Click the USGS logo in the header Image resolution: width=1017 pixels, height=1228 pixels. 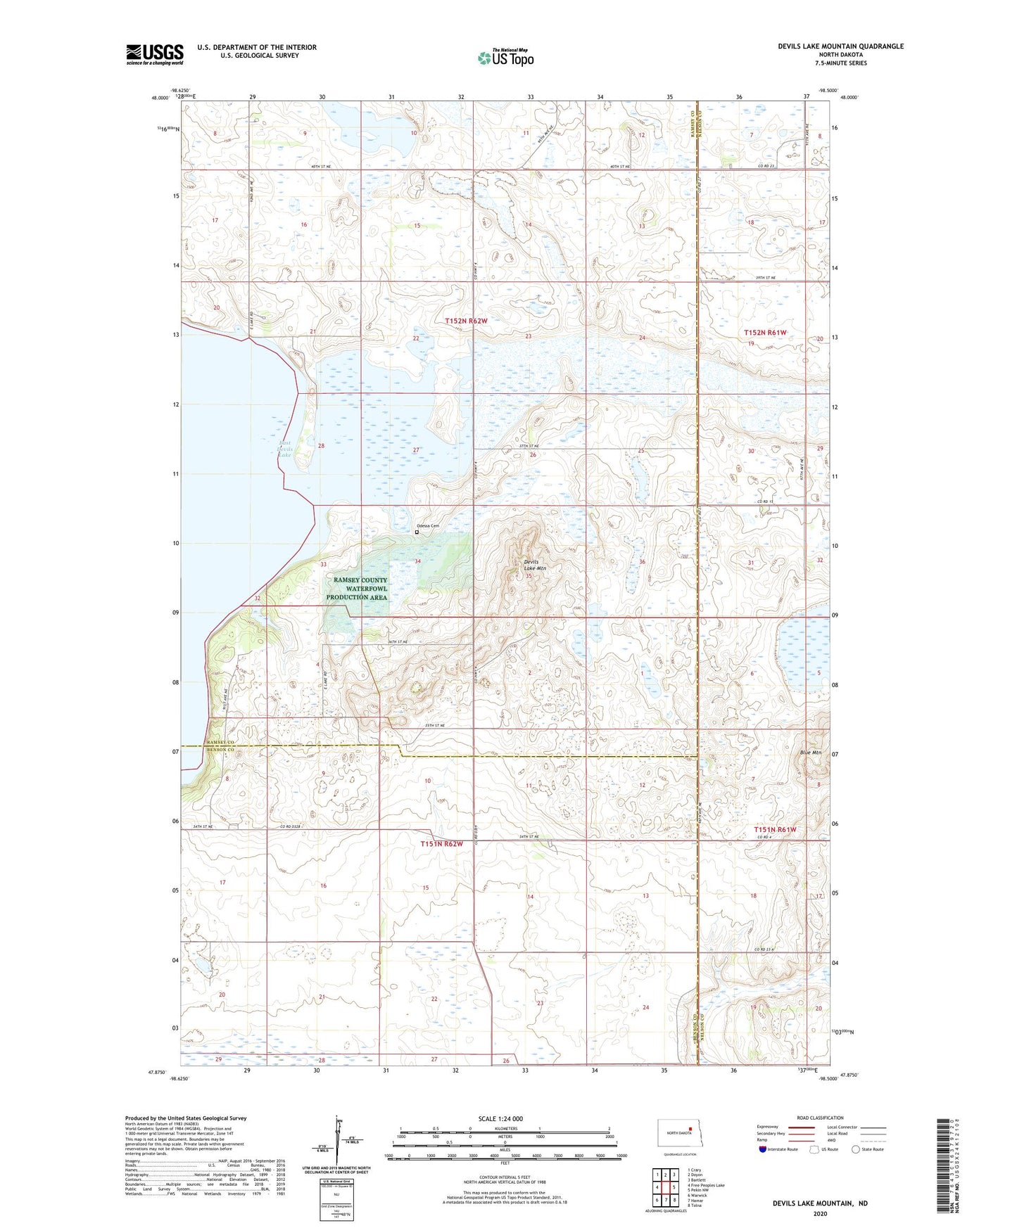click(155, 54)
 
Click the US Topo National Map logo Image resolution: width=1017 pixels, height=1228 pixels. click(505, 57)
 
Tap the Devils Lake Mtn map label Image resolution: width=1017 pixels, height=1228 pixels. click(534, 564)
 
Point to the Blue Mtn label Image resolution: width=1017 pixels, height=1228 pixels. click(810, 753)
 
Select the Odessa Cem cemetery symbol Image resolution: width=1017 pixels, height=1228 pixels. click(417, 532)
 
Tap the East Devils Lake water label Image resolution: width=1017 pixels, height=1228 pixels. click(284, 449)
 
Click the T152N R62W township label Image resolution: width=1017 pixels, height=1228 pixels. click(466, 321)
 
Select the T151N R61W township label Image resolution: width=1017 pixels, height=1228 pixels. click(775, 829)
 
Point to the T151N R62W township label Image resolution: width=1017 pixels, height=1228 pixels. click(442, 843)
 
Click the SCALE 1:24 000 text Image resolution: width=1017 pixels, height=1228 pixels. click(500, 1118)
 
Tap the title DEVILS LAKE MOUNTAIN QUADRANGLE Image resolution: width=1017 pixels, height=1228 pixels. click(840, 46)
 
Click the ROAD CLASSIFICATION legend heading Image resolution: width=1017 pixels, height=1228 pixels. click(820, 1118)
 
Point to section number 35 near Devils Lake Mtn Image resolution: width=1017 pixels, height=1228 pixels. click(529, 576)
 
